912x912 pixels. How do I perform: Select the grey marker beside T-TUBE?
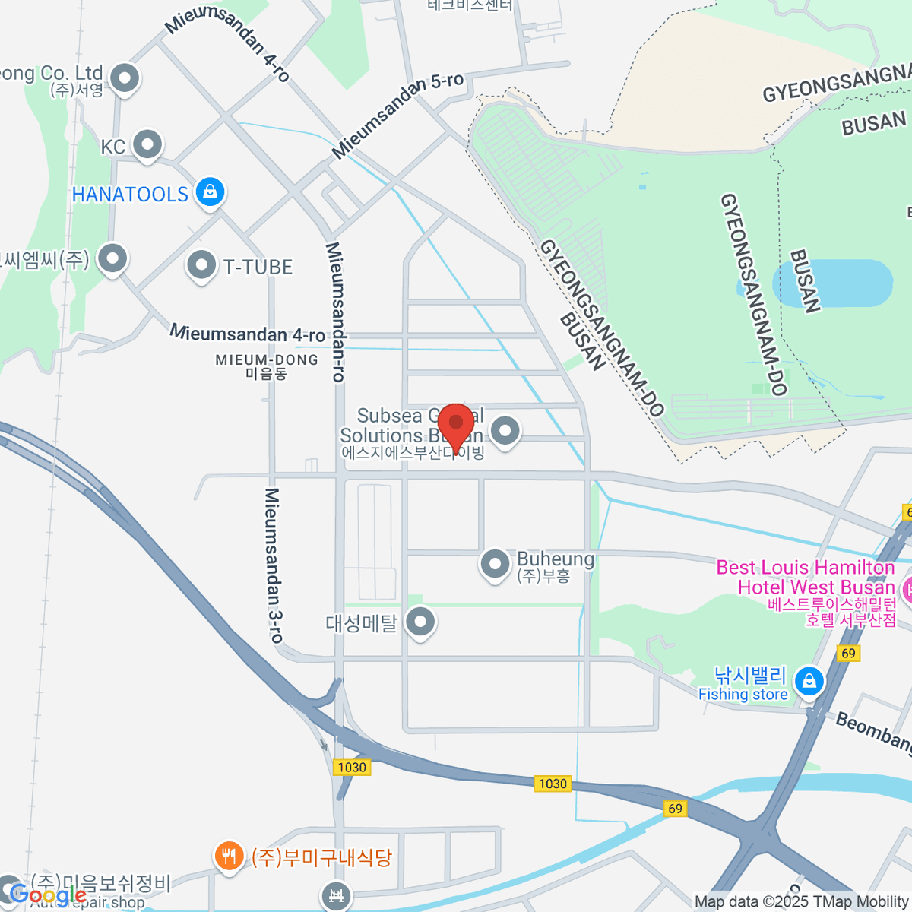tap(201, 265)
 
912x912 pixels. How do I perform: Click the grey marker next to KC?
tap(147, 144)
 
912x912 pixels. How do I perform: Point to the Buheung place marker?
tap(495, 564)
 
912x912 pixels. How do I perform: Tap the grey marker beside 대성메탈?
tap(420, 622)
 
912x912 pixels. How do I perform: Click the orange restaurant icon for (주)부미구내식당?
tap(228, 857)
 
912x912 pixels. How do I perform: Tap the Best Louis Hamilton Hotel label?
tap(806, 578)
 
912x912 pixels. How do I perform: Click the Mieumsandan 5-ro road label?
tap(397, 116)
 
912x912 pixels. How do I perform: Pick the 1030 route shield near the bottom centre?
tap(553, 784)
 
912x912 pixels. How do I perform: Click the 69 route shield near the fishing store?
tap(848, 653)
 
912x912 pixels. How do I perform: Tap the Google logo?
tap(48, 895)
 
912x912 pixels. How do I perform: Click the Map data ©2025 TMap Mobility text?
tap(802, 902)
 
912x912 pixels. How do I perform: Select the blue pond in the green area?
tap(833, 283)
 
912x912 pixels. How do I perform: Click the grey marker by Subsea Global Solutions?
tap(505, 431)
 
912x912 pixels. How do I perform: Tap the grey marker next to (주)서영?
tap(124, 78)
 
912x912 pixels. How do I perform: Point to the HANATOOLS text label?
tap(130, 195)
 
